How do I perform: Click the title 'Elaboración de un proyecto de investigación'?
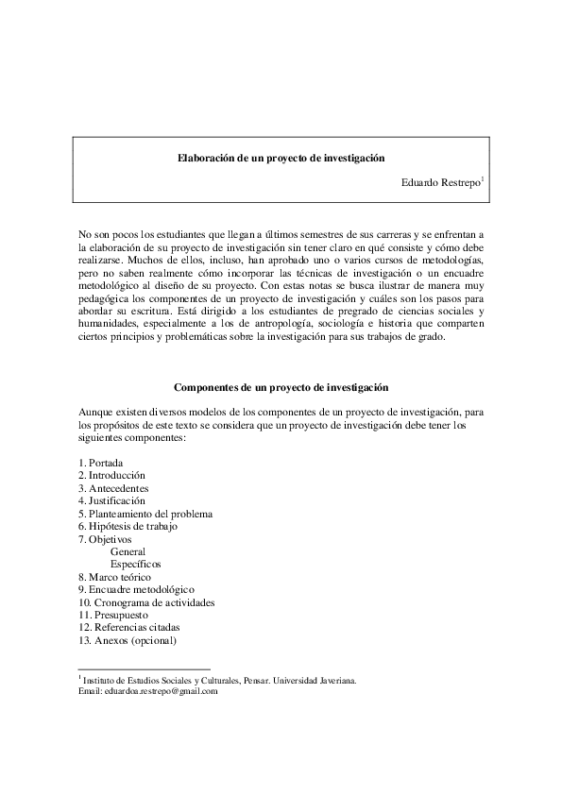281,160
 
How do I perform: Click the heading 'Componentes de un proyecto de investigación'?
281,388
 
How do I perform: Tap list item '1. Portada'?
101,463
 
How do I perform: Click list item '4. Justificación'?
112,500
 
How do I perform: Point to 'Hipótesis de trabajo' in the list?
133,526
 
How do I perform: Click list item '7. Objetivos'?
106,539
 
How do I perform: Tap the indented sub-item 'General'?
128,551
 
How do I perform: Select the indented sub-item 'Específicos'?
135,564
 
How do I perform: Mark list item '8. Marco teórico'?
114,577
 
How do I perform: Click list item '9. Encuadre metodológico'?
136,589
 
